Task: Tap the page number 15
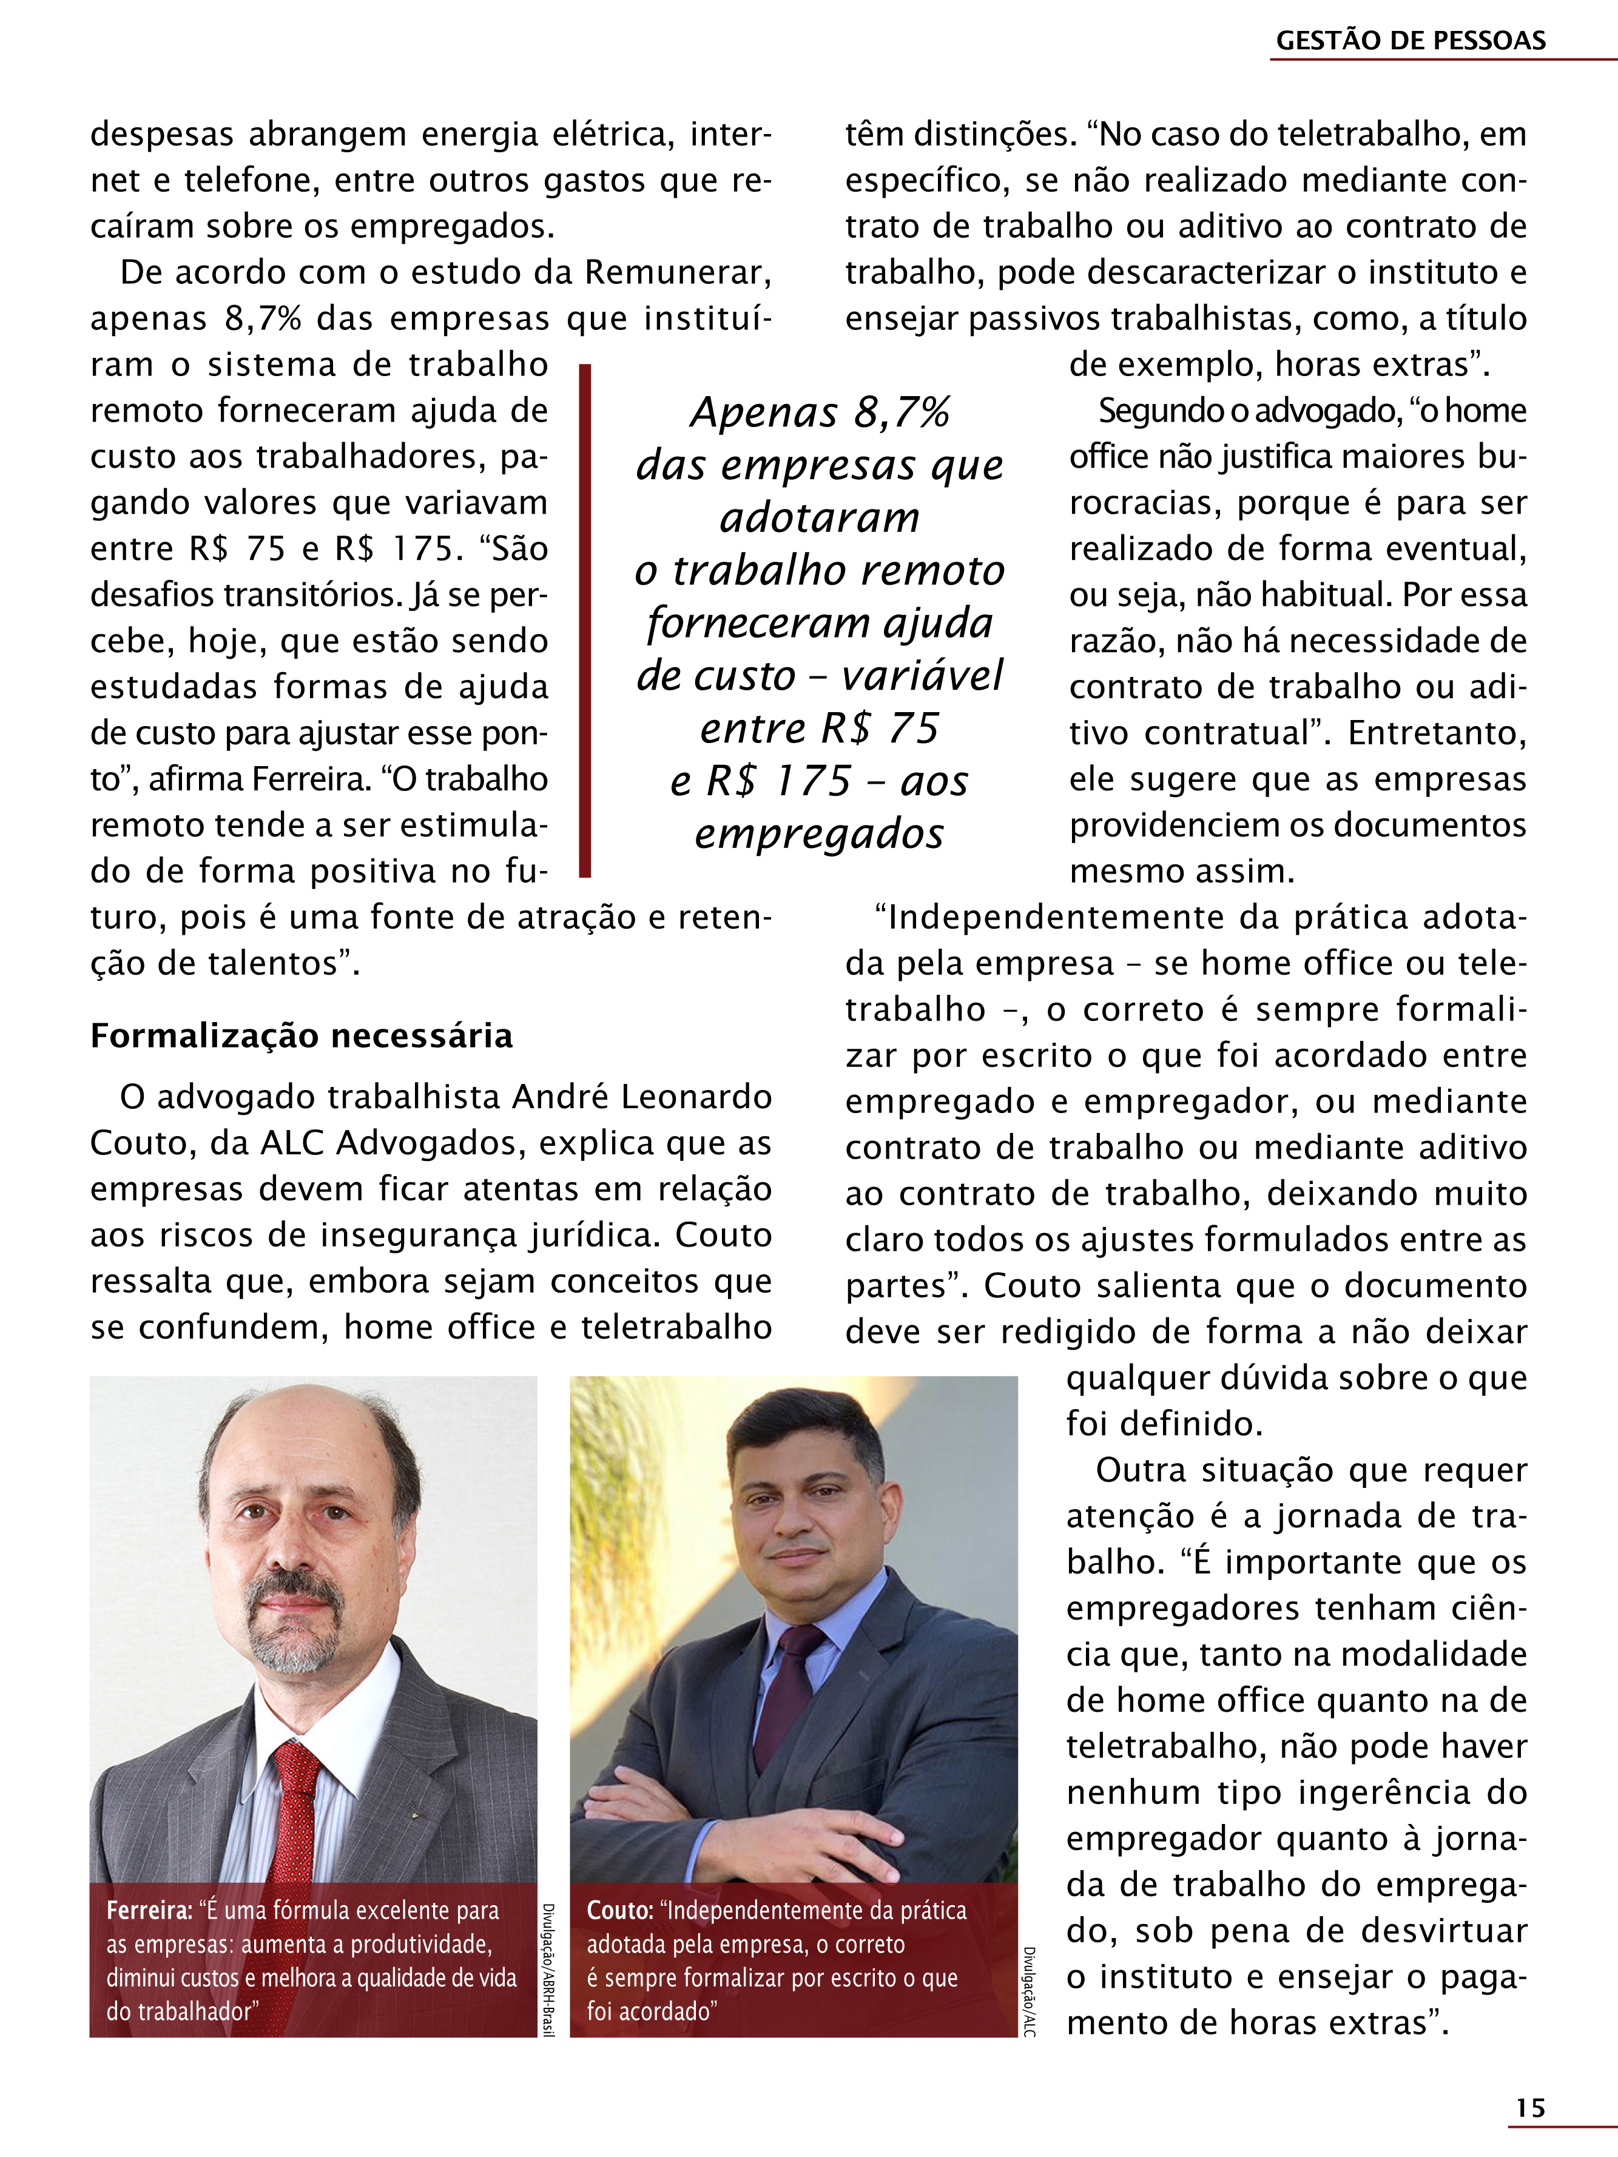(1530, 2108)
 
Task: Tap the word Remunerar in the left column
(677, 272)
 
